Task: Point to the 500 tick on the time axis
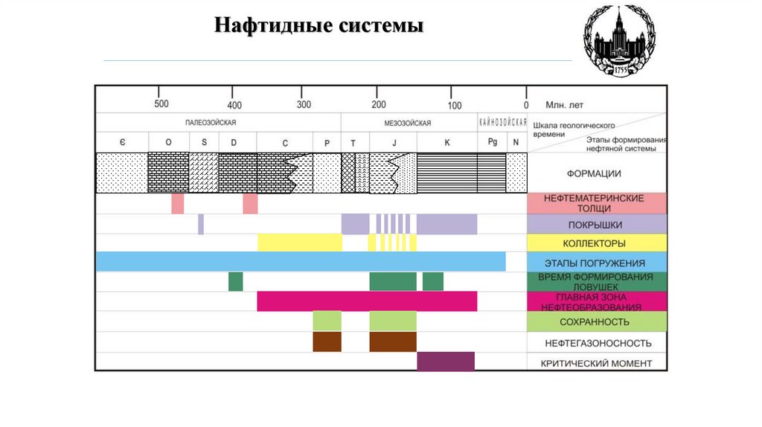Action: pyautogui.click(x=161, y=104)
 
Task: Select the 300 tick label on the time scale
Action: pyautogui.click(x=304, y=104)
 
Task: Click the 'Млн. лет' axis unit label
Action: pyautogui.click(x=565, y=105)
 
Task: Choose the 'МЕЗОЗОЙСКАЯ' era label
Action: pyautogui.click(x=408, y=123)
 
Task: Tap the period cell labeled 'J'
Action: pyautogui.click(x=393, y=142)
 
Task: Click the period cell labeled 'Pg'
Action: pyautogui.click(x=492, y=142)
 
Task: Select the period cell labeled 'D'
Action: pyautogui.click(x=234, y=142)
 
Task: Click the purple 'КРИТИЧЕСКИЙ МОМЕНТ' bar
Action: pyautogui.click(x=446, y=362)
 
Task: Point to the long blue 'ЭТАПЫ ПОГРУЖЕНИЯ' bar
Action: pyautogui.click(x=301, y=262)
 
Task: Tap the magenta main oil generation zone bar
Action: pyautogui.click(x=367, y=301)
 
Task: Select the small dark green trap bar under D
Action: pyautogui.click(x=235, y=281)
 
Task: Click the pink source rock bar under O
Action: pyautogui.click(x=177, y=203)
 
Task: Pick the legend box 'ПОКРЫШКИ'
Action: pyautogui.click(x=597, y=224)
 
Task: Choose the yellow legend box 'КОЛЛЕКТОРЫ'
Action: pyautogui.click(x=597, y=243)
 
